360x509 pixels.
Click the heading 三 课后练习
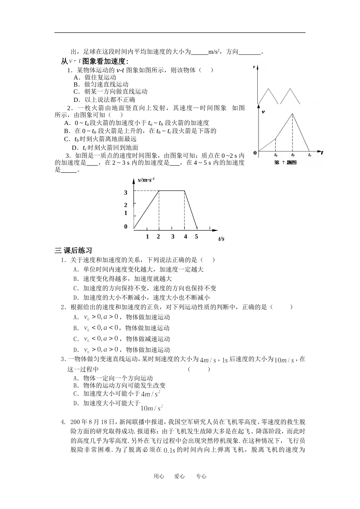(74, 250)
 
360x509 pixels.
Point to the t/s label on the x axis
(221, 239)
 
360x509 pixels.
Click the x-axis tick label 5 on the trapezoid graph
(196, 237)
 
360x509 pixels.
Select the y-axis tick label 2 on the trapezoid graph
(126, 205)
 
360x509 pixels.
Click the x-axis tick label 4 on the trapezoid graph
(185, 237)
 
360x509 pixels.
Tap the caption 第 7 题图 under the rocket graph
(285, 162)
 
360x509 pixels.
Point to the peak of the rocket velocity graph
(292, 113)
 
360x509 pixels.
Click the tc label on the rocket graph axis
(310, 155)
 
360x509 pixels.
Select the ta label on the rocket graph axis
(275, 155)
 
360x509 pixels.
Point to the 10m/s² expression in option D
(151, 408)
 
